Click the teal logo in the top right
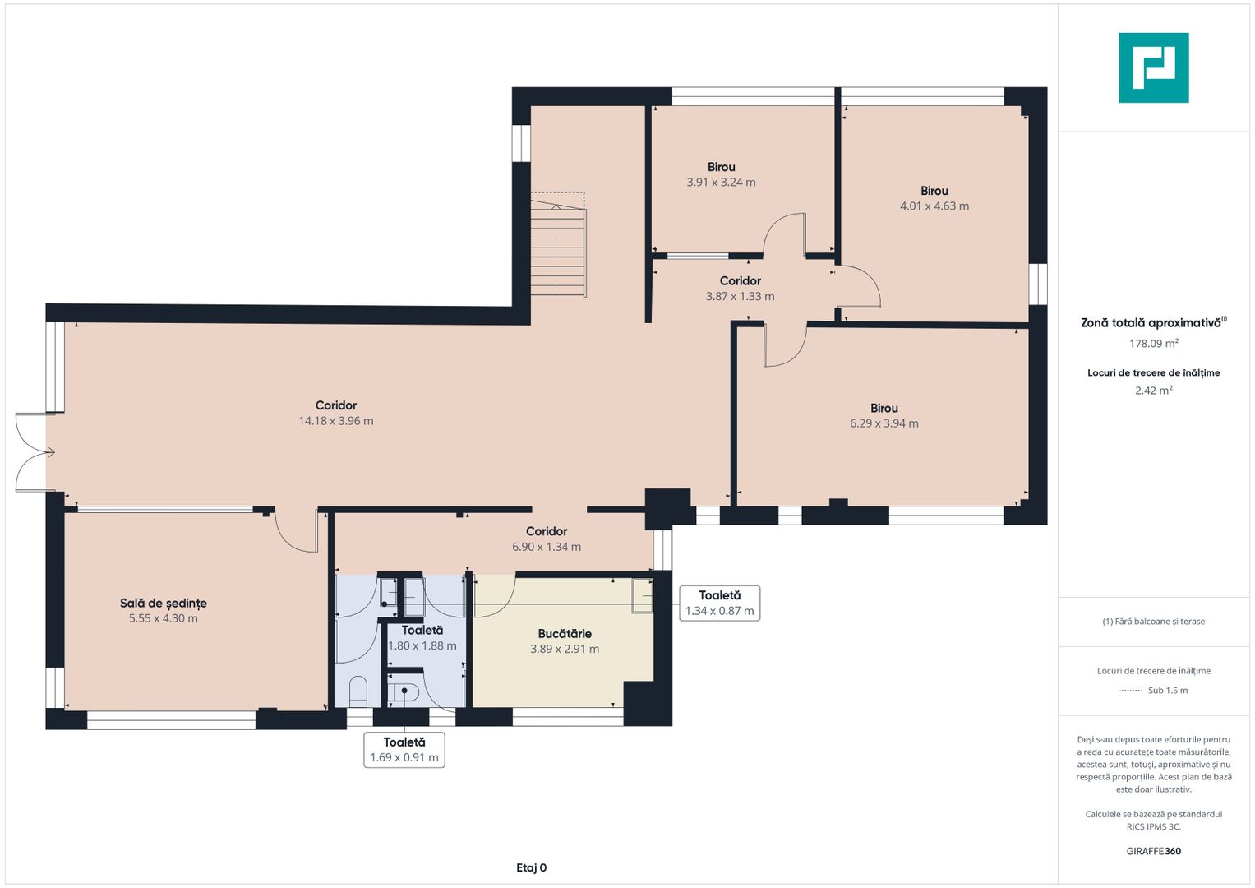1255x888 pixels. [x=1154, y=67]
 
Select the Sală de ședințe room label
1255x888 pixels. [x=164, y=604]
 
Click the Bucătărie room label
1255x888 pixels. [x=565, y=633]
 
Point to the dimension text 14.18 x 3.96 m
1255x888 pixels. [x=336, y=421]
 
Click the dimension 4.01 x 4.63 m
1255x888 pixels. [x=934, y=206]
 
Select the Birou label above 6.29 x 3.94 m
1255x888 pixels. [x=884, y=408]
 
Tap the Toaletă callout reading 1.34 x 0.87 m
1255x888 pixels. [x=720, y=604]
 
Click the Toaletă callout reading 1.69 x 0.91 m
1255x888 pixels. [x=404, y=750]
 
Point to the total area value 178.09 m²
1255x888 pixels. [x=1154, y=343]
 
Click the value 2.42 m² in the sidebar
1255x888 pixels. [x=1154, y=391]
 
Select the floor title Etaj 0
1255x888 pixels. [x=531, y=867]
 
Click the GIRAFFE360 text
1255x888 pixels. [x=1154, y=851]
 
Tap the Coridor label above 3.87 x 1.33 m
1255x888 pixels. [x=741, y=281]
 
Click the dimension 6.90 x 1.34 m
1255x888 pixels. [x=547, y=547]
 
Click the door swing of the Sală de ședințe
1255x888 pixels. [x=296, y=532]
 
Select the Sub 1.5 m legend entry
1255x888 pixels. [x=1154, y=690]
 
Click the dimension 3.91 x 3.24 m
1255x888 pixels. [x=721, y=183]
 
